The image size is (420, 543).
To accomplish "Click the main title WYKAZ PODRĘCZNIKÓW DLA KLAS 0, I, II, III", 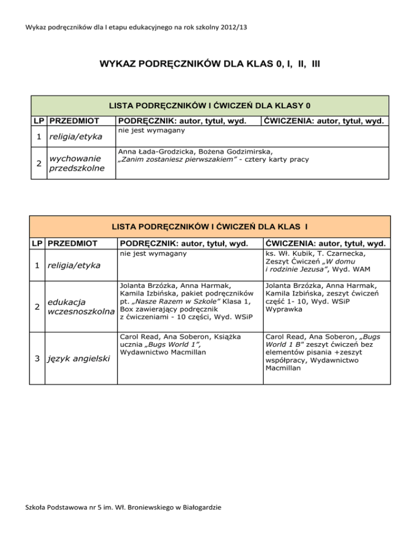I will [x=209, y=64].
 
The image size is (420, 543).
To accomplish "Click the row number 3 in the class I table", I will [x=37, y=358].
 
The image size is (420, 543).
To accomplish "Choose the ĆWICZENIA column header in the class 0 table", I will [x=324, y=121].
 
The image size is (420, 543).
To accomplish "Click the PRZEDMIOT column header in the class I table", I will [x=73, y=243].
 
